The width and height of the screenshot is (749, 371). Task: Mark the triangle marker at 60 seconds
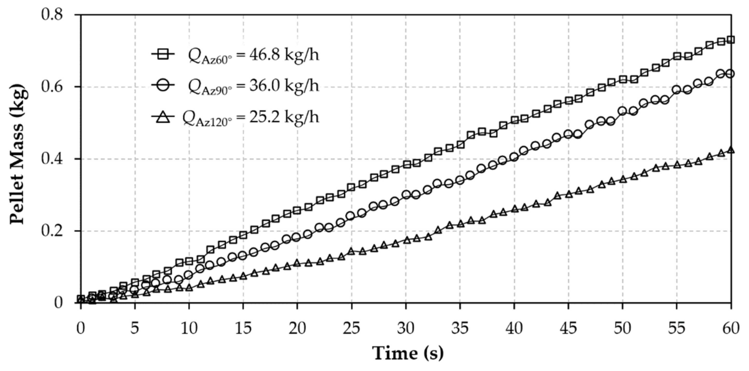tap(731, 150)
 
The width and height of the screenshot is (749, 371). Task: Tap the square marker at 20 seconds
tap(297, 210)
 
